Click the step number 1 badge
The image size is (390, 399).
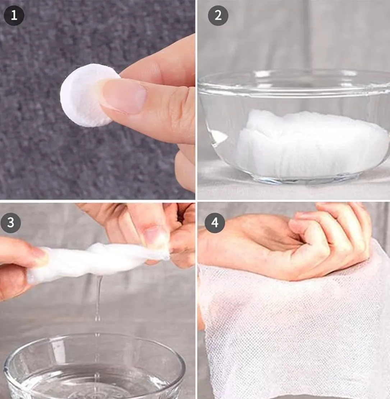coord(14,15)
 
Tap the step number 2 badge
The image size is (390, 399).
coord(218,15)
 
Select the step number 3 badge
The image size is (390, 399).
coord(10,223)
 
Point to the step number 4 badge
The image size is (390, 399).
coord(215,223)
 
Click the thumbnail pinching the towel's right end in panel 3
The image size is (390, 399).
coord(152,235)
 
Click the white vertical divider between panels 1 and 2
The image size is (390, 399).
coord(197,100)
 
